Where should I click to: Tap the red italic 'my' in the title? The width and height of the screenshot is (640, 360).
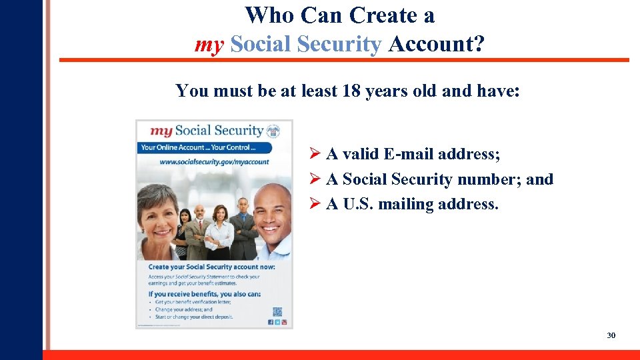pos(209,45)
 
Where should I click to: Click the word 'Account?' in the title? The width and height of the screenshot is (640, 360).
pos(437,45)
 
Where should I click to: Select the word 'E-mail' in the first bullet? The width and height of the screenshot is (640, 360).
pos(407,155)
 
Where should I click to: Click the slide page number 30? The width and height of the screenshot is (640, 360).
pos(611,335)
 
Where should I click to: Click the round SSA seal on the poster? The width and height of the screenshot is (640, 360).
pos(273,131)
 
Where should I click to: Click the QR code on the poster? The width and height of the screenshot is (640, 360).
pos(277,311)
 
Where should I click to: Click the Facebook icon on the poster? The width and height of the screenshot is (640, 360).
pos(271,322)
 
